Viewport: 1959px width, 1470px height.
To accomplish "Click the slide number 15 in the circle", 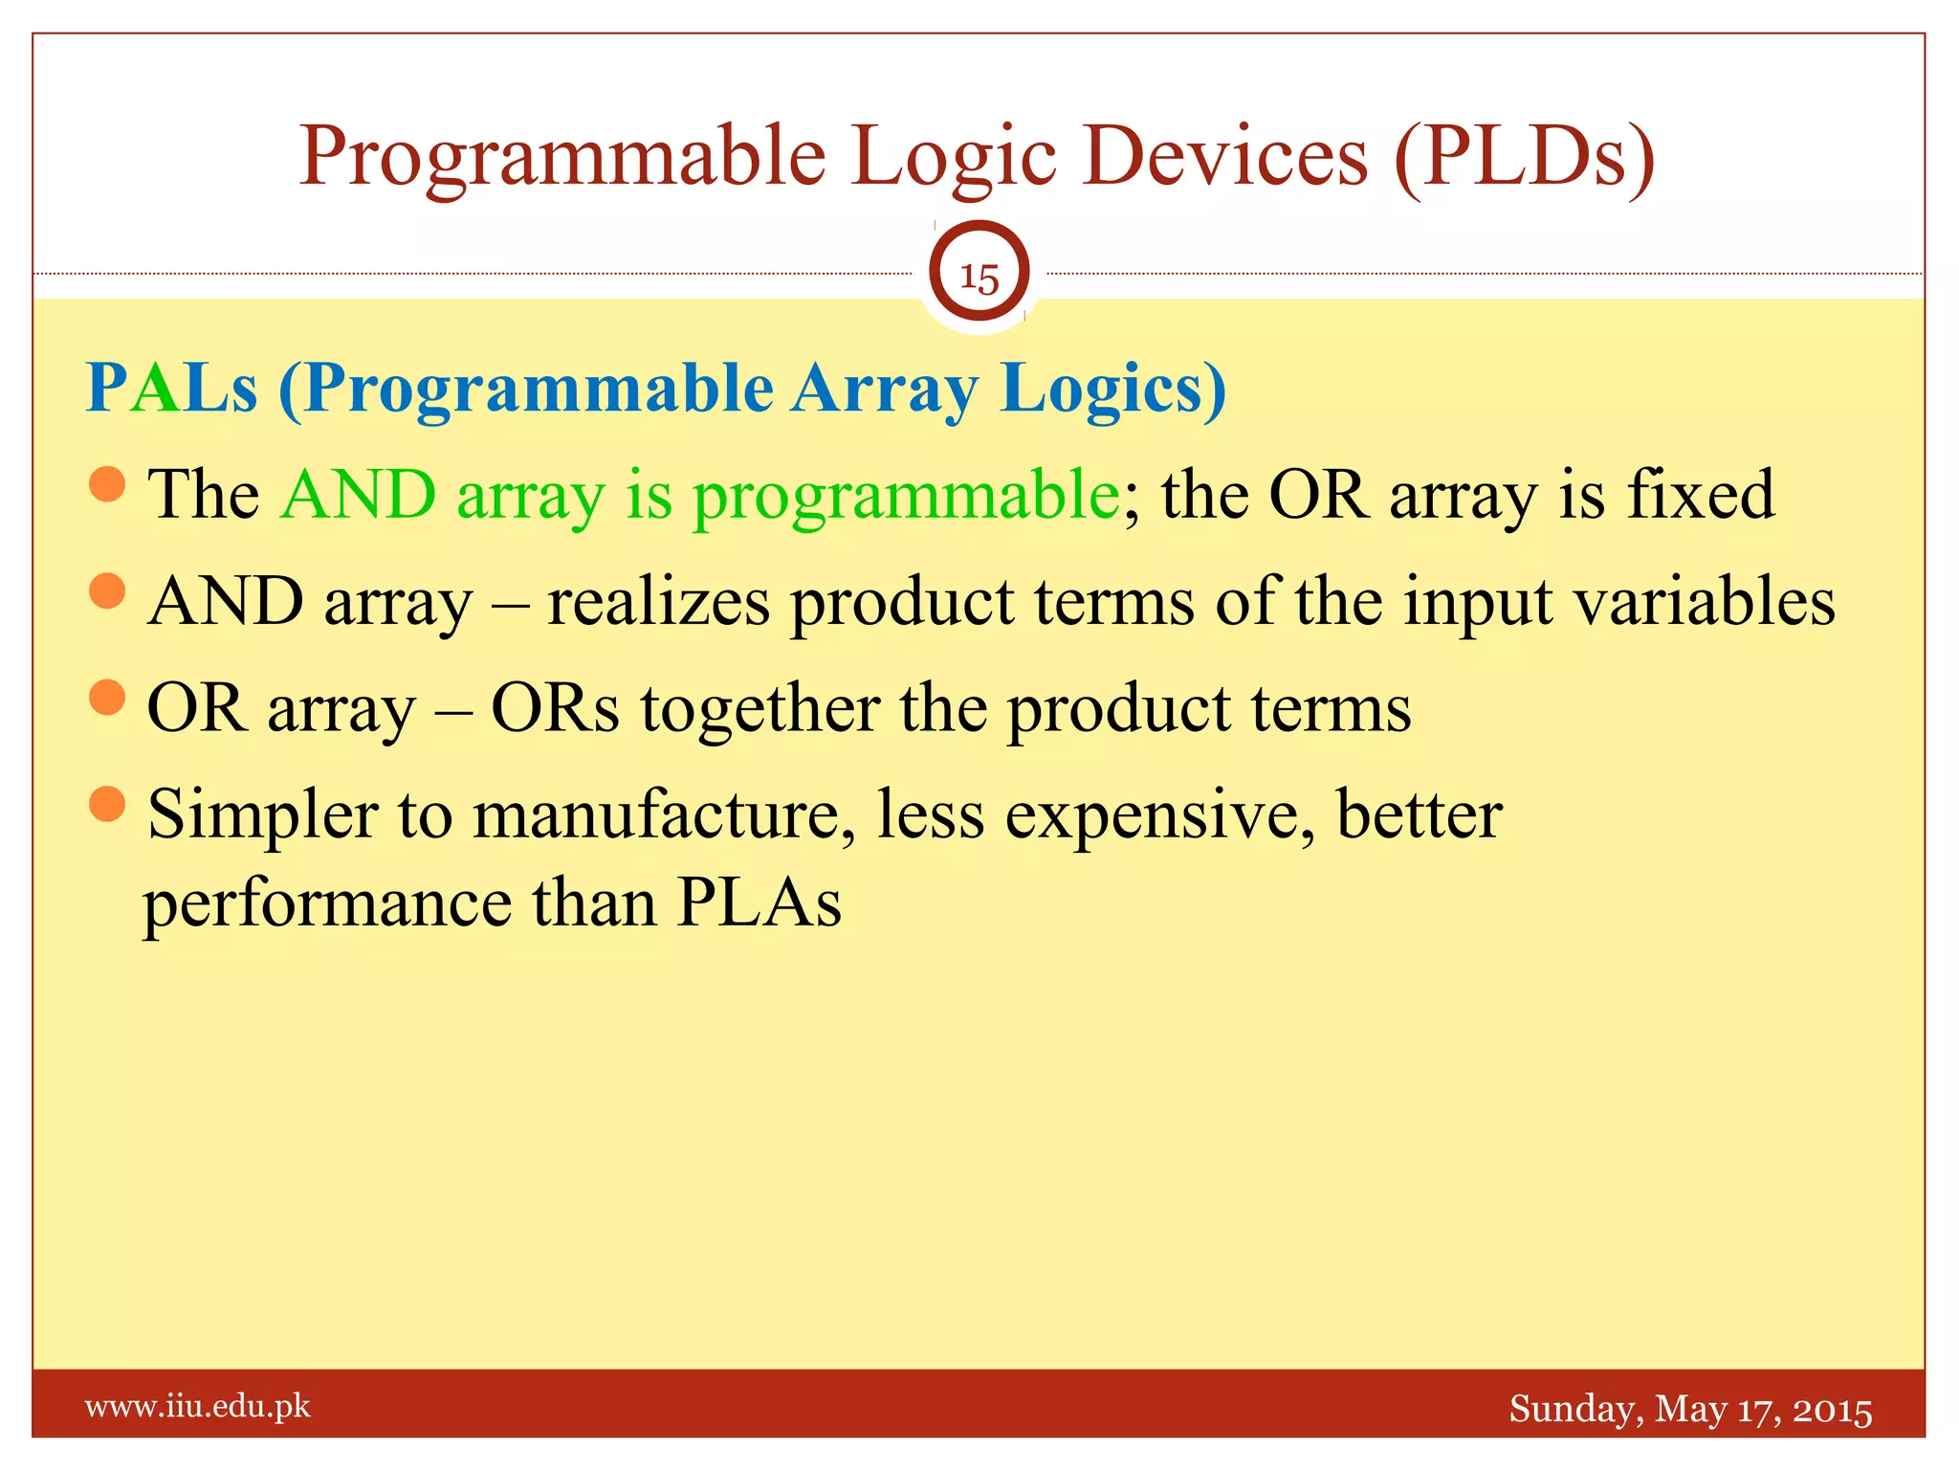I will coord(979,278).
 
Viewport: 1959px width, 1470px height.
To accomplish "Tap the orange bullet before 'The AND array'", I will coord(107,484).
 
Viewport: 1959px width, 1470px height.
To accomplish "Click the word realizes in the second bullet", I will coord(658,602).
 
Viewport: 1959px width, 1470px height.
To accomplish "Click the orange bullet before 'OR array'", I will coord(107,698).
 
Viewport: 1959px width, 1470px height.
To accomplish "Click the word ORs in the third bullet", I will coord(555,709).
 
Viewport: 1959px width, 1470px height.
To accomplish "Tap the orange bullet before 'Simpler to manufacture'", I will coord(107,804).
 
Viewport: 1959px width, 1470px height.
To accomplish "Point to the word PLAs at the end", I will coord(759,902).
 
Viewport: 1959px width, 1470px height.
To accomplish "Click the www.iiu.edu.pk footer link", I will coord(198,1406).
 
